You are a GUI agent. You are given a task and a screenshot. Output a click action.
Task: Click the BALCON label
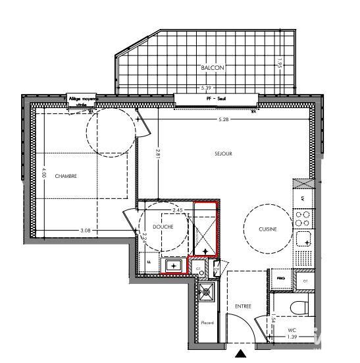point(213,68)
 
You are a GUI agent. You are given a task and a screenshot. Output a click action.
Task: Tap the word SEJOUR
point(224,154)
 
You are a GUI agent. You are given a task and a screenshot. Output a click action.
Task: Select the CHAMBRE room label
point(66,176)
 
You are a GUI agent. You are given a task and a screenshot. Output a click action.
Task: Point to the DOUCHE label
point(162,227)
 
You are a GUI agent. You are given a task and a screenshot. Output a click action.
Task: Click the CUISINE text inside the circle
point(267,229)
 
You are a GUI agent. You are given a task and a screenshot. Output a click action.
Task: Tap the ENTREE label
point(243,306)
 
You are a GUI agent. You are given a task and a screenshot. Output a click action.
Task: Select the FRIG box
point(281,279)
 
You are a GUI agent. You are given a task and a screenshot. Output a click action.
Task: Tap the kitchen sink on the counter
point(303,238)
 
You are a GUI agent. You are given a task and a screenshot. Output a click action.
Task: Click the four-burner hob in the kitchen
point(303,215)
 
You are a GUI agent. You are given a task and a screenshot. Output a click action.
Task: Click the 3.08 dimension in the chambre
point(85,230)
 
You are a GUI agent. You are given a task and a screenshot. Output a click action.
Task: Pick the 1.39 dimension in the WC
point(292,337)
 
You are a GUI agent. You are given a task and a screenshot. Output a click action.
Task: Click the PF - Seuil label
point(213,98)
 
